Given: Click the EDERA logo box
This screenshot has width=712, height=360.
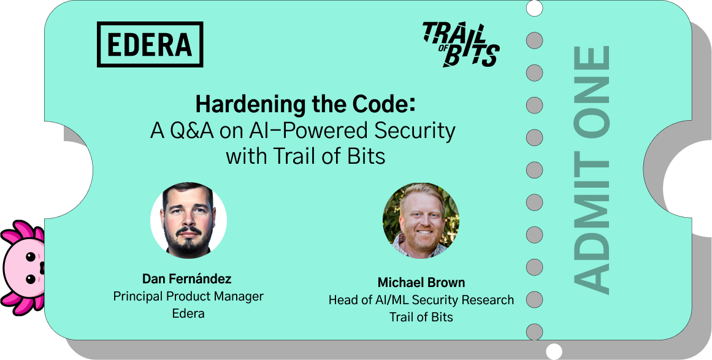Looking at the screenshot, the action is (x=150, y=45).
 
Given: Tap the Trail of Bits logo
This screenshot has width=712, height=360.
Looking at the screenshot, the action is (x=461, y=45).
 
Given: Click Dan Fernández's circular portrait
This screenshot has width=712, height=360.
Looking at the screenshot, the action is (x=188, y=221).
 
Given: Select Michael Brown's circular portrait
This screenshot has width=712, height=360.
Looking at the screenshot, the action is (x=421, y=221).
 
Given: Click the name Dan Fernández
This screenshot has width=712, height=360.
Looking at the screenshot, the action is (x=187, y=278).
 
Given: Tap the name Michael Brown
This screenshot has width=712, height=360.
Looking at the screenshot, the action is (x=421, y=282).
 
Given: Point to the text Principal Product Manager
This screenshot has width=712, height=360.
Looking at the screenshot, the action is (x=188, y=296).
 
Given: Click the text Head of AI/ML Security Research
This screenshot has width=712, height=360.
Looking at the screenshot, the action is (x=421, y=300).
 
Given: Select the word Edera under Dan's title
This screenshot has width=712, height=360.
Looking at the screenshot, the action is (x=188, y=313).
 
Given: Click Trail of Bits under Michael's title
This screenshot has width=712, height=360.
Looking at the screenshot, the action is (x=421, y=317).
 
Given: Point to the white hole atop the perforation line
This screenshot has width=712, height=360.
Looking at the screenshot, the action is (x=534, y=8).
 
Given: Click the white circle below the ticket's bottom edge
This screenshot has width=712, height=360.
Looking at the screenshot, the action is (x=554, y=351).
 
